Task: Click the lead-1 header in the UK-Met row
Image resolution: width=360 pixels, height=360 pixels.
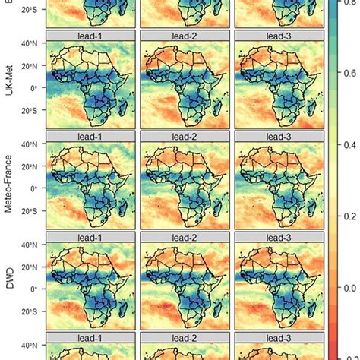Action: coord(90,35)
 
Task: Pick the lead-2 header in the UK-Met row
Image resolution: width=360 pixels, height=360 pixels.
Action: coord(185,35)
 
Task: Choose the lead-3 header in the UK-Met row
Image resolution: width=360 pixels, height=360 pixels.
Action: coord(279,35)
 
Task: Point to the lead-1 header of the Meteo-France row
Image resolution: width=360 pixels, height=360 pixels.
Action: coord(90,136)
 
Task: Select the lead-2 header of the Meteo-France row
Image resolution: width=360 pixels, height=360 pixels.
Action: coord(185,136)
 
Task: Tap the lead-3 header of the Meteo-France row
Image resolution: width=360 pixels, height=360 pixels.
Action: coord(279,136)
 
